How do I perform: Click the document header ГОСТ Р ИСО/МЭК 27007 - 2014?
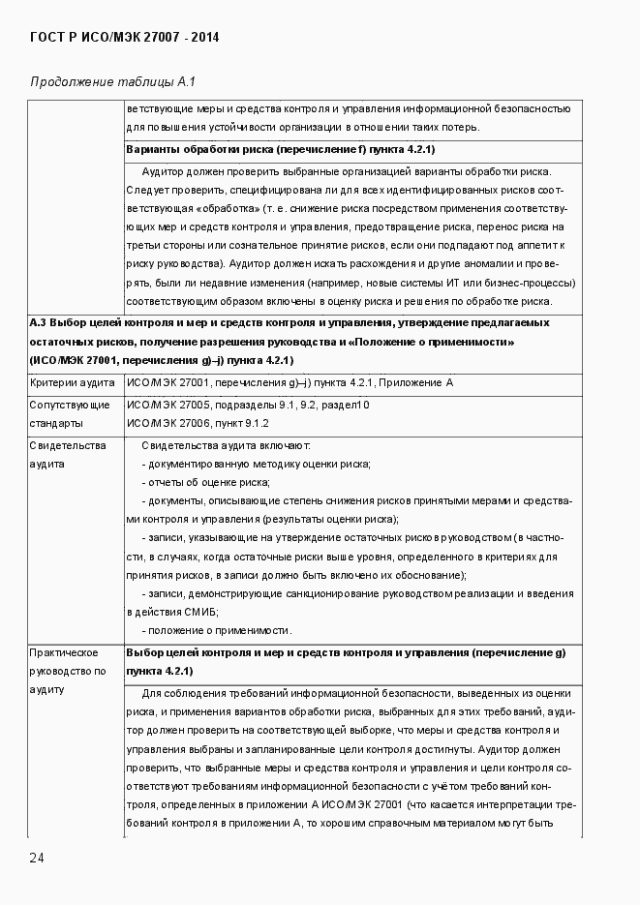point(125,38)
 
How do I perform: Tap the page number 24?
point(37,858)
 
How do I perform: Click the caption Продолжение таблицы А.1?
point(113,81)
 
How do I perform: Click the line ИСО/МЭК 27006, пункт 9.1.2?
point(198,424)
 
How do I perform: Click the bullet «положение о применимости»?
point(217,629)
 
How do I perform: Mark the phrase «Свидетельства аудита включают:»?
point(226,445)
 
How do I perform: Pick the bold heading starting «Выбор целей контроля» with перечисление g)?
point(346,662)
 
